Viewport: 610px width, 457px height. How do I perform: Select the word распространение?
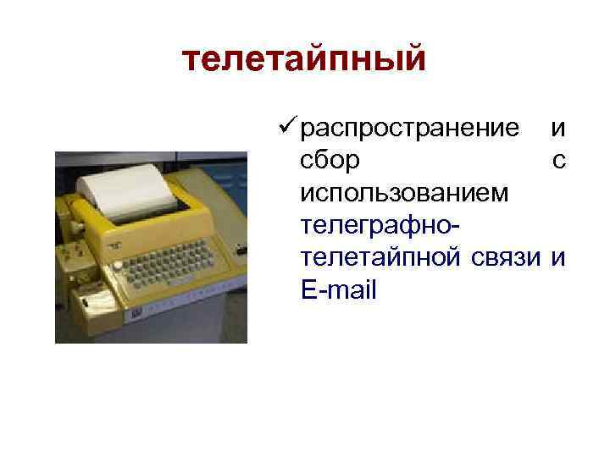[x=410, y=129]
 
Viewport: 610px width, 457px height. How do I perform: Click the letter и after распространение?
[x=558, y=129]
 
